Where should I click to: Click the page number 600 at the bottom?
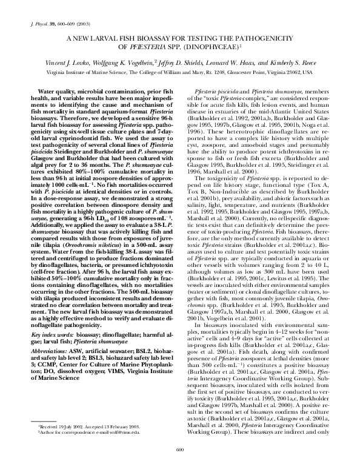pos(179,465)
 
